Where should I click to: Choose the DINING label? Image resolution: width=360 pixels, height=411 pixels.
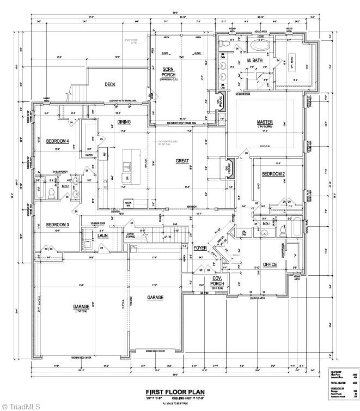click(124, 122)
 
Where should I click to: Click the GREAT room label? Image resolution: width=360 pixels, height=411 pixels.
click(182, 161)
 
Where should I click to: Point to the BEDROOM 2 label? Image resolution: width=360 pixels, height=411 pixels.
click(273, 174)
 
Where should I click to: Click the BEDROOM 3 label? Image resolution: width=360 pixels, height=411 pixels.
click(57, 225)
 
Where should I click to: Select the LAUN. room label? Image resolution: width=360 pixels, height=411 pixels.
click(102, 236)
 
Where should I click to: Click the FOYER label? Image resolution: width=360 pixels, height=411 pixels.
click(200, 248)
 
